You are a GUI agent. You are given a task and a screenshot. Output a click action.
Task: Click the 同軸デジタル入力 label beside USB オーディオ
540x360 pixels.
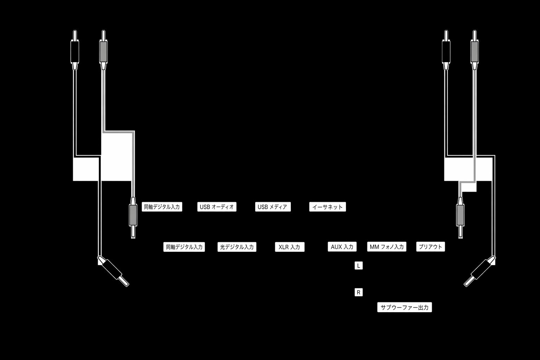point(162,207)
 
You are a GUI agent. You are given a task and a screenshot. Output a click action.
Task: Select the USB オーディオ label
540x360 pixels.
point(217,207)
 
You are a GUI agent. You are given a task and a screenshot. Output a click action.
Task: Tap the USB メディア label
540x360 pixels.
point(273,207)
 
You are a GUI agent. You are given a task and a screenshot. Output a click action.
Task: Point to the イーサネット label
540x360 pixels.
point(327,207)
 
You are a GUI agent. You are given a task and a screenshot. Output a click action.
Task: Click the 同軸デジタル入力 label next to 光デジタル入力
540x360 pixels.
point(184,247)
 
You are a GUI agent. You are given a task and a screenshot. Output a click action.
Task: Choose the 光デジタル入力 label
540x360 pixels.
point(237,247)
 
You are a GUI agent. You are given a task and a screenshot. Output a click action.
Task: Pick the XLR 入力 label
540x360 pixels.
point(290,247)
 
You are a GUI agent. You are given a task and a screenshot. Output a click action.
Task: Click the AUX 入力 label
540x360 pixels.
point(342,246)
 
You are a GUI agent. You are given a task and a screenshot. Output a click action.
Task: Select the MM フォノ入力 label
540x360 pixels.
point(387,246)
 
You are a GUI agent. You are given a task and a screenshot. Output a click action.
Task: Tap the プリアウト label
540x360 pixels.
point(431,246)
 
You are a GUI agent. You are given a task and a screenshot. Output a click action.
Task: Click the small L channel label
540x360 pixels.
point(359,265)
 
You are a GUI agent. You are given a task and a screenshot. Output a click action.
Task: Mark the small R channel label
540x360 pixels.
point(359,292)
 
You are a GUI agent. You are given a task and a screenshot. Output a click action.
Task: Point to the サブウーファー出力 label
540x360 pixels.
point(405,307)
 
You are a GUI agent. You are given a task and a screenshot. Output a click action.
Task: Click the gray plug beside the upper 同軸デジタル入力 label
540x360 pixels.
point(133,218)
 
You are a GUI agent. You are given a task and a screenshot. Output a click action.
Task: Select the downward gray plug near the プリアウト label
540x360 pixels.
point(461,218)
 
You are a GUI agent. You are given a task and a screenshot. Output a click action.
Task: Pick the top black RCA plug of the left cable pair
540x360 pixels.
point(75,50)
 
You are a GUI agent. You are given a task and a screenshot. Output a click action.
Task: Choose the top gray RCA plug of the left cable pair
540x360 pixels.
point(103,50)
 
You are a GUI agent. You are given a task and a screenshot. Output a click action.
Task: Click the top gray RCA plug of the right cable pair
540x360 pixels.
point(475,50)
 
